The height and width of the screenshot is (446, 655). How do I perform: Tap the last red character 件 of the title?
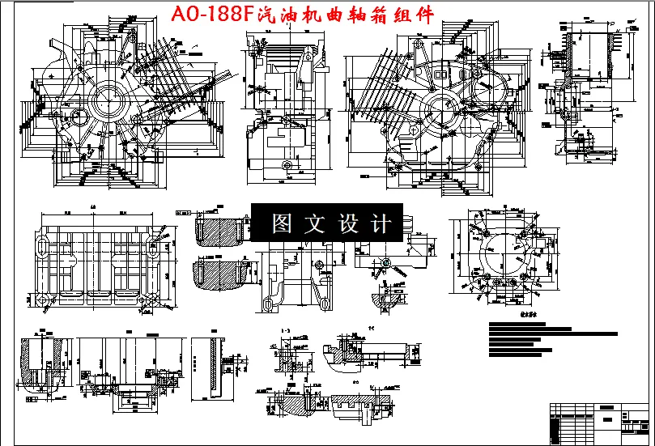(423, 15)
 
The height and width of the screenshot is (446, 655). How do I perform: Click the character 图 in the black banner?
(283, 224)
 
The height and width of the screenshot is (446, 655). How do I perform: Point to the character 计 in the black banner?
(381, 224)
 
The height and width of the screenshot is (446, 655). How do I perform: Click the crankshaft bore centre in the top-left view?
(106, 104)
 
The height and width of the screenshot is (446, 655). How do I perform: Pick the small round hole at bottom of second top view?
(285, 164)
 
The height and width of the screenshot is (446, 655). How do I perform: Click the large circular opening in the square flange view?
(500, 255)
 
